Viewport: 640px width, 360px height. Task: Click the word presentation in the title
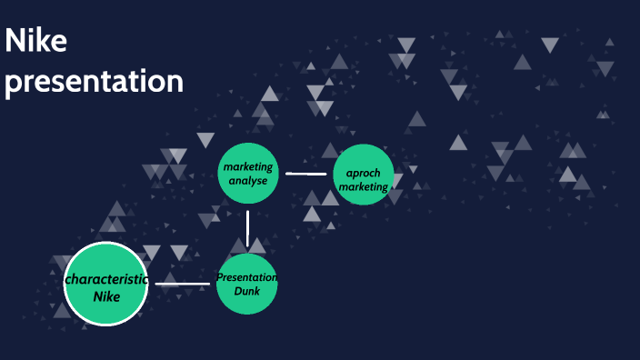tap(94, 81)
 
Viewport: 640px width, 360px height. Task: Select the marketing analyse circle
tap(247, 173)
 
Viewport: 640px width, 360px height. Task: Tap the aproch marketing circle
tap(364, 175)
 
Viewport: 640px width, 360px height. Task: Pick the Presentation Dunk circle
tap(246, 285)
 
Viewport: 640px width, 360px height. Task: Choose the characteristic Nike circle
tap(106, 285)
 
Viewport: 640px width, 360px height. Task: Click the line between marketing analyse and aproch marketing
tap(305, 173)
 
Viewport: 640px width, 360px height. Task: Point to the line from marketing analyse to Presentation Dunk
tap(247, 229)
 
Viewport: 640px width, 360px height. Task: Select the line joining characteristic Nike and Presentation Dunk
tap(183, 285)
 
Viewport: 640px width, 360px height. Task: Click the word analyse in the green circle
tap(247, 181)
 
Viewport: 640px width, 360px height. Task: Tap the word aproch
tap(363, 173)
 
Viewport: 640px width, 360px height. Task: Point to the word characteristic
tap(106, 279)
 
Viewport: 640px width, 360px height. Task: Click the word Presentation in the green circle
tap(246, 277)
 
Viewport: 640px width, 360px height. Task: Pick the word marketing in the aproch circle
tap(364, 187)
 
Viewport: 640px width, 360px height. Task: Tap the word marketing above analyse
tap(247, 167)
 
